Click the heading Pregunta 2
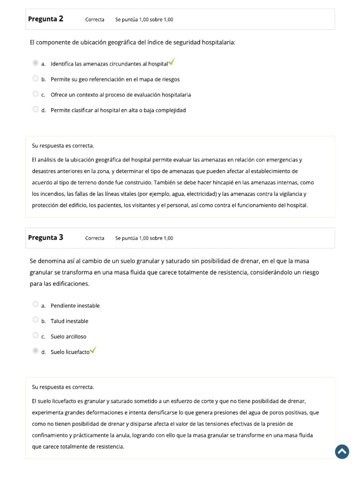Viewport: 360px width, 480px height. pyautogui.click(x=45, y=19)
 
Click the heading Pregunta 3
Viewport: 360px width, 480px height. pyautogui.click(x=45, y=238)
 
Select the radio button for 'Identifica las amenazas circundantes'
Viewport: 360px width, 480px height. pyautogui.click(x=36, y=63)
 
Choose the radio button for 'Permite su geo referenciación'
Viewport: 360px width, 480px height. pyautogui.click(x=36, y=78)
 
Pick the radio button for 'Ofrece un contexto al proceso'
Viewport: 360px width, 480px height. pyautogui.click(x=36, y=94)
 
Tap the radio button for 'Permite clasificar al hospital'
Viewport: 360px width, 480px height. pyautogui.click(x=36, y=109)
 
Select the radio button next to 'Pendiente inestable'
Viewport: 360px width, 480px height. pyautogui.click(x=36, y=304)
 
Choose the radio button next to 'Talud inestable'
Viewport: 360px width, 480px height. pyautogui.click(x=36, y=320)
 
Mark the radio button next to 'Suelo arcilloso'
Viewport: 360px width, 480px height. pyautogui.click(x=36, y=335)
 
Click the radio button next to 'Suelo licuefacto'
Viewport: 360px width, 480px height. pyautogui.click(x=36, y=351)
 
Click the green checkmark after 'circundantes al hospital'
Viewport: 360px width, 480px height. pyautogui.click(x=172, y=62)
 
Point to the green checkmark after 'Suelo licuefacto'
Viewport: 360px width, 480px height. pyautogui.click(x=93, y=350)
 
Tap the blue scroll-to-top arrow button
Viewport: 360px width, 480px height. pyautogui.click(x=342, y=452)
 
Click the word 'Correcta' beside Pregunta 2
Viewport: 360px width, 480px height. pyautogui.click(x=95, y=20)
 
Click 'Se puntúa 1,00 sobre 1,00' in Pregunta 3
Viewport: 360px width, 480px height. pyautogui.click(x=144, y=238)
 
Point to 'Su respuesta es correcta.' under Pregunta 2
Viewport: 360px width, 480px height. pyautogui.click(x=63, y=146)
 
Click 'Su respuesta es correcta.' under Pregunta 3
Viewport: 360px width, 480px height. pyautogui.click(x=63, y=387)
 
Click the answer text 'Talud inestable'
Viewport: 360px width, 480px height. pyautogui.click(x=69, y=321)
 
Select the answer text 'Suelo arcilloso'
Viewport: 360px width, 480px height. pyautogui.click(x=68, y=337)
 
